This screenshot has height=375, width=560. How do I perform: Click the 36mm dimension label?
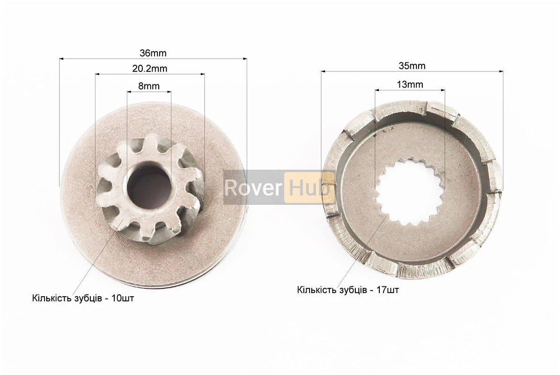pyautogui.click(x=153, y=53)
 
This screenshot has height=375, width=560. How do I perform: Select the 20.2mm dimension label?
pyautogui.click(x=150, y=68)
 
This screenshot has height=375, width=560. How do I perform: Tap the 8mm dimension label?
pyautogui.click(x=148, y=86)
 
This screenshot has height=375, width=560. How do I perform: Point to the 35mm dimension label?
pyautogui.click(x=412, y=66)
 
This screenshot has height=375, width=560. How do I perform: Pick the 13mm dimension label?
pyautogui.click(x=410, y=84)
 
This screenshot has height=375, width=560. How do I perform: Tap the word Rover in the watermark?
pyautogui.click(x=253, y=187)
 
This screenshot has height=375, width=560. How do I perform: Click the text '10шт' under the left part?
pyautogui.click(x=123, y=298)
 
